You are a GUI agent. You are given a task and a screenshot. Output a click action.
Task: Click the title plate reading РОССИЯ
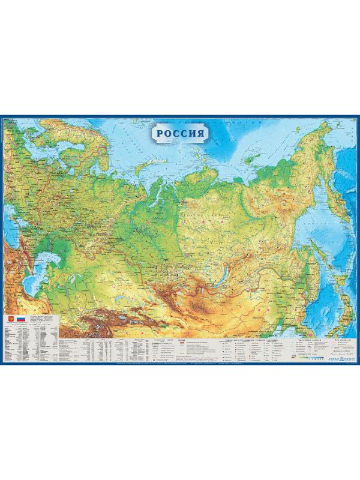pos(180,133)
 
